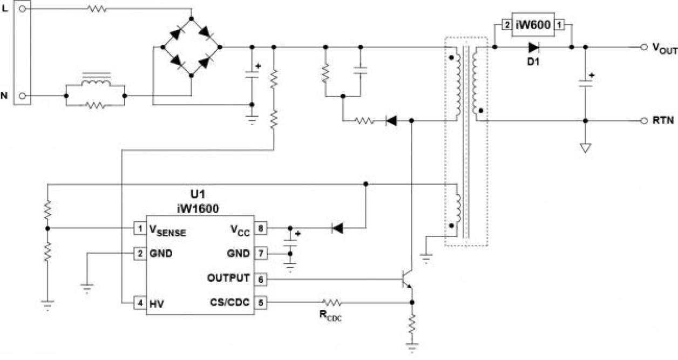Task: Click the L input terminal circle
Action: click(x=22, y=9)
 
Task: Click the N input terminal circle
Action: click(x=22, y=96)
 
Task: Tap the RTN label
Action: click(x=662, y=121)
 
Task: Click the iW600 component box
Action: click(x=533, y=25)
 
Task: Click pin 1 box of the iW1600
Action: click(x=140, y=228)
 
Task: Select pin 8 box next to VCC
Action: click(x=261, y=228)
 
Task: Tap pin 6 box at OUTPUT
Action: click(x=261, y=279)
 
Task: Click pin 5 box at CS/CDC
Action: click(x=261, y=302)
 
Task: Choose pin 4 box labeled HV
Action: click(x=140, y=303)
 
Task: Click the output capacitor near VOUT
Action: click(x=585, y=83)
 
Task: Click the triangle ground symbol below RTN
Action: click(x=585, y=147)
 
